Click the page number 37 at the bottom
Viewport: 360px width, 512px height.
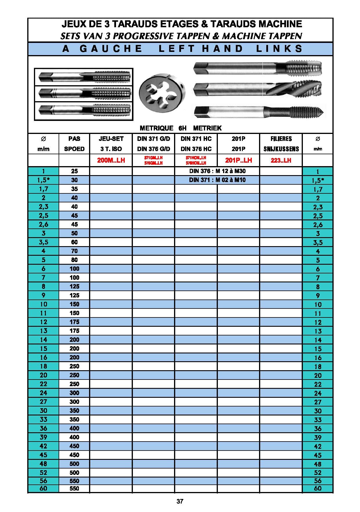click(x=180, y=501)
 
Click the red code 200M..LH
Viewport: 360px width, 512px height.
click(x=111, y=160)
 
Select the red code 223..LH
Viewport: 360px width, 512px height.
click(x=281, y=160)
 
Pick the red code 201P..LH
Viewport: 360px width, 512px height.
click(x=238, y=160)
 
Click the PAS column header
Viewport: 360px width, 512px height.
click(x=74, y=139)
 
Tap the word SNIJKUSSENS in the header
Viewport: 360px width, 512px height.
click(x=281, y=149)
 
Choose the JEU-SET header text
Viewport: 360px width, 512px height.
click(x=111, y=139)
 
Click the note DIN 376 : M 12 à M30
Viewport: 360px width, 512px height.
click(x=217, y=171)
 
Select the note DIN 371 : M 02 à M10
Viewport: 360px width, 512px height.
click(x=217, y=180)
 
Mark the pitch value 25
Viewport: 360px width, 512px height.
click(x=74, y=171)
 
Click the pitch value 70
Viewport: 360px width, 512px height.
click(x=74, y=251)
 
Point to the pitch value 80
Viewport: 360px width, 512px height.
click(x=74, y=260)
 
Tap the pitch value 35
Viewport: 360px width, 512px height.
click(x=74, y=189)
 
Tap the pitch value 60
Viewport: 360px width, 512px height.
click(x=74, y=242)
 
